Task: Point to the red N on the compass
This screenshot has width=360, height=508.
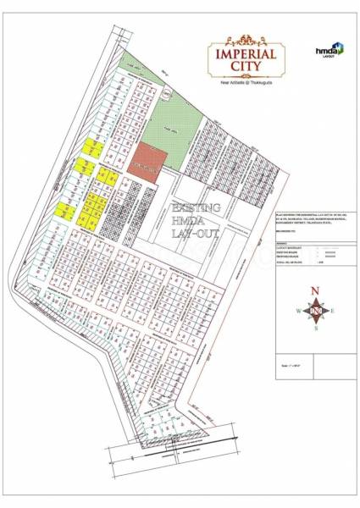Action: pyautogui.click(x=316, y=292)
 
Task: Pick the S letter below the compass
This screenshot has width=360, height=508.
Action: pyautogui.click(x=316, y=329)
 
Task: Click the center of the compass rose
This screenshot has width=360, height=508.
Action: pyautogui.click(x=316, y=311)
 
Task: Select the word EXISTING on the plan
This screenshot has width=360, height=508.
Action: pyautogui.click(x=197, y=207)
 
